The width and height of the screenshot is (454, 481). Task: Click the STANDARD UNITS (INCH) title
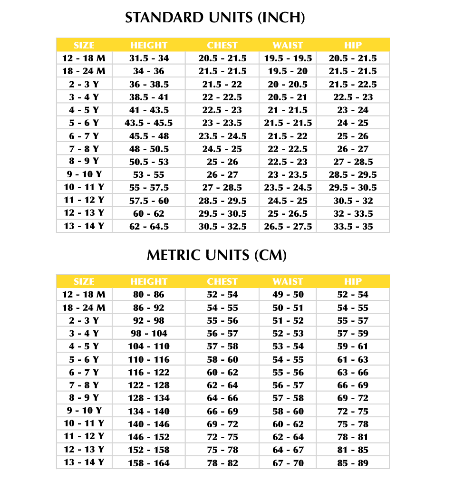214,18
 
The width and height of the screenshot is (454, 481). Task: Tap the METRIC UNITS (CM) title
216,255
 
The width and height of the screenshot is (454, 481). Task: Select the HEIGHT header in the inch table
149,45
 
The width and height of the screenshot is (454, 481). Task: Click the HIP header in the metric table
353,281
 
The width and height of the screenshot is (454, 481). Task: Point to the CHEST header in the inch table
222,45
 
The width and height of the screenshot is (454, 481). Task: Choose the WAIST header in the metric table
288,281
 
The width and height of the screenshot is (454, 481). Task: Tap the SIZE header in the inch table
84,45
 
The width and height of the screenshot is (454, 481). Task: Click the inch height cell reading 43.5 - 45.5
149,123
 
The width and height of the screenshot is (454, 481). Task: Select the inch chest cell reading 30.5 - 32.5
222,226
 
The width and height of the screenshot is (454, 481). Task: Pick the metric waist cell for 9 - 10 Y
288,411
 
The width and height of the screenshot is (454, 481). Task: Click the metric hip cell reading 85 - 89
353,463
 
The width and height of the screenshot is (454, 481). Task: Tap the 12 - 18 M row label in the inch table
84,58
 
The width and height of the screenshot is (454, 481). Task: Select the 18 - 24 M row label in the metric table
84,308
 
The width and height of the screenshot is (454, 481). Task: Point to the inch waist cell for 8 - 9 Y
288,162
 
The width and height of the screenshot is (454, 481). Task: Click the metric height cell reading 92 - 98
149,320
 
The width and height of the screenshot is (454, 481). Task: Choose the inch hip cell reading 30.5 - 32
353,201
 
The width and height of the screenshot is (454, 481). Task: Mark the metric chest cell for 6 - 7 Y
222,372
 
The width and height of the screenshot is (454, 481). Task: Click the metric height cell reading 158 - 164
149,463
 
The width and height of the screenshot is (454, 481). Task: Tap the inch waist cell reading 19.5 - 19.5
288,58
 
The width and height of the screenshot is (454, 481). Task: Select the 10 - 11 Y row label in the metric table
84,424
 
